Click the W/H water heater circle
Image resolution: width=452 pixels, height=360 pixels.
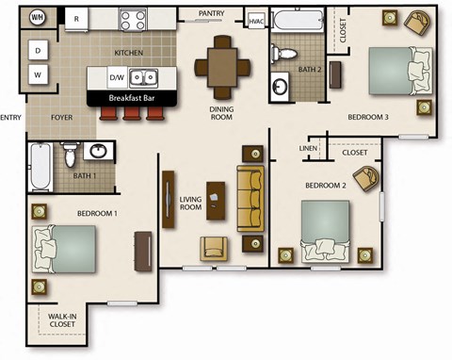point(38,18)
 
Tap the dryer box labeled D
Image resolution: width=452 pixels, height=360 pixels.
point(38,49)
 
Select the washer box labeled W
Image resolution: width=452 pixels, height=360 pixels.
point(38,74)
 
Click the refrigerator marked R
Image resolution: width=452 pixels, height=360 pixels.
point(77,18)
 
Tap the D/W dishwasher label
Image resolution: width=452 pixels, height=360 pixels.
point(117,77)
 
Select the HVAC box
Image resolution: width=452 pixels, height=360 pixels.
point(255,20)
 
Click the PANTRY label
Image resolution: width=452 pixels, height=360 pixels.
point(211,13)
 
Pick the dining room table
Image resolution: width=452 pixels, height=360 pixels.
point(222,65)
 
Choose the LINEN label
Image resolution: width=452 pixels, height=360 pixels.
point(308,148)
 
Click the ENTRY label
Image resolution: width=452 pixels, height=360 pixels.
point(10,118)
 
